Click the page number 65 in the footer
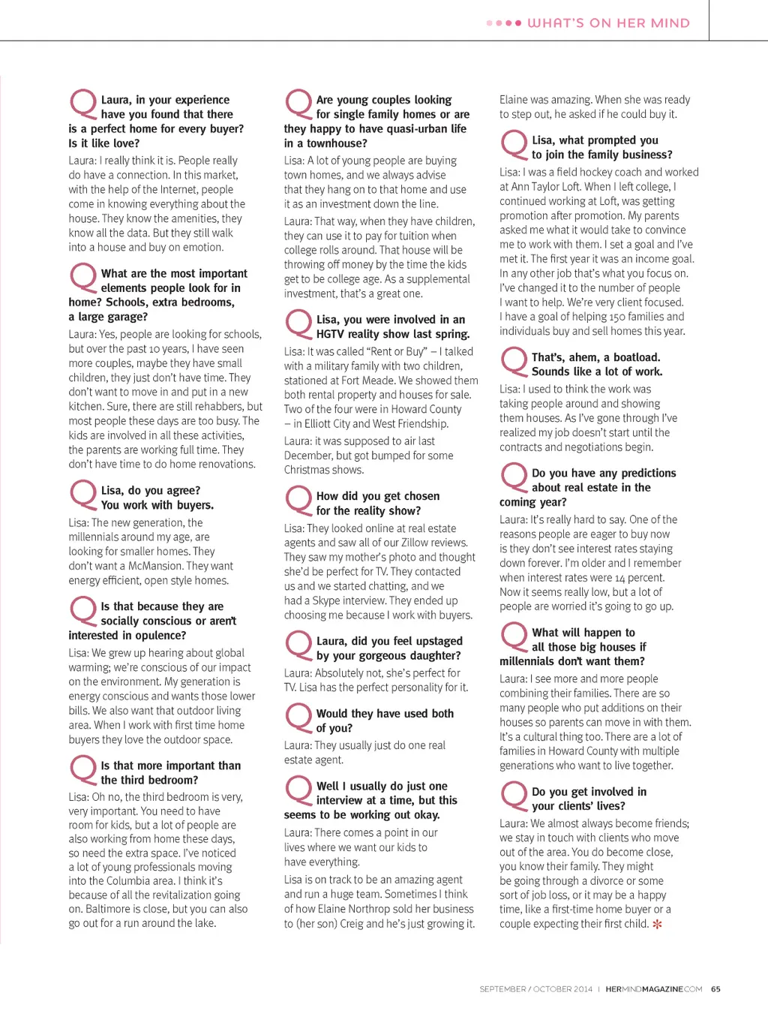click(x=715, y=989)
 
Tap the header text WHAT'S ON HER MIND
click(x=608, y=23)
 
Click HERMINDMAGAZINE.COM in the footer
click(x=653, y=989)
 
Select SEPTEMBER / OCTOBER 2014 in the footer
click(x=535, y=989)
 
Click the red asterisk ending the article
click(x=657, y=924)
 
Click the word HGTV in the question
click(x=331, y=334)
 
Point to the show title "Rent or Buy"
click(x=397, y=351)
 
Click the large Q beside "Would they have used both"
click(x=298, y=717)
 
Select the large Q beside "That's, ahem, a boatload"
click(x=514, y=361)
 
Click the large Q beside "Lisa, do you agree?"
click(x=82, y=494)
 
